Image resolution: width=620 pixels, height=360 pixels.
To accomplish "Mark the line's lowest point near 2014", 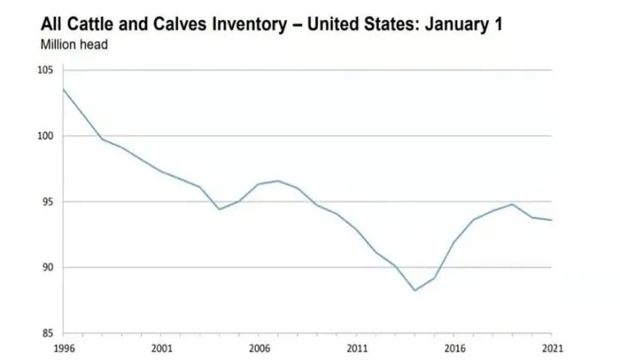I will point(415,290).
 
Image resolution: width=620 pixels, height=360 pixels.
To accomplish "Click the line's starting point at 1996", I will point(63,89).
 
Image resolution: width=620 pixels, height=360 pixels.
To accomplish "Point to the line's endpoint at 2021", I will point(552,220).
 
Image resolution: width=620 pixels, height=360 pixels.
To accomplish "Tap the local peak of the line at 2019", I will point(512,204).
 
